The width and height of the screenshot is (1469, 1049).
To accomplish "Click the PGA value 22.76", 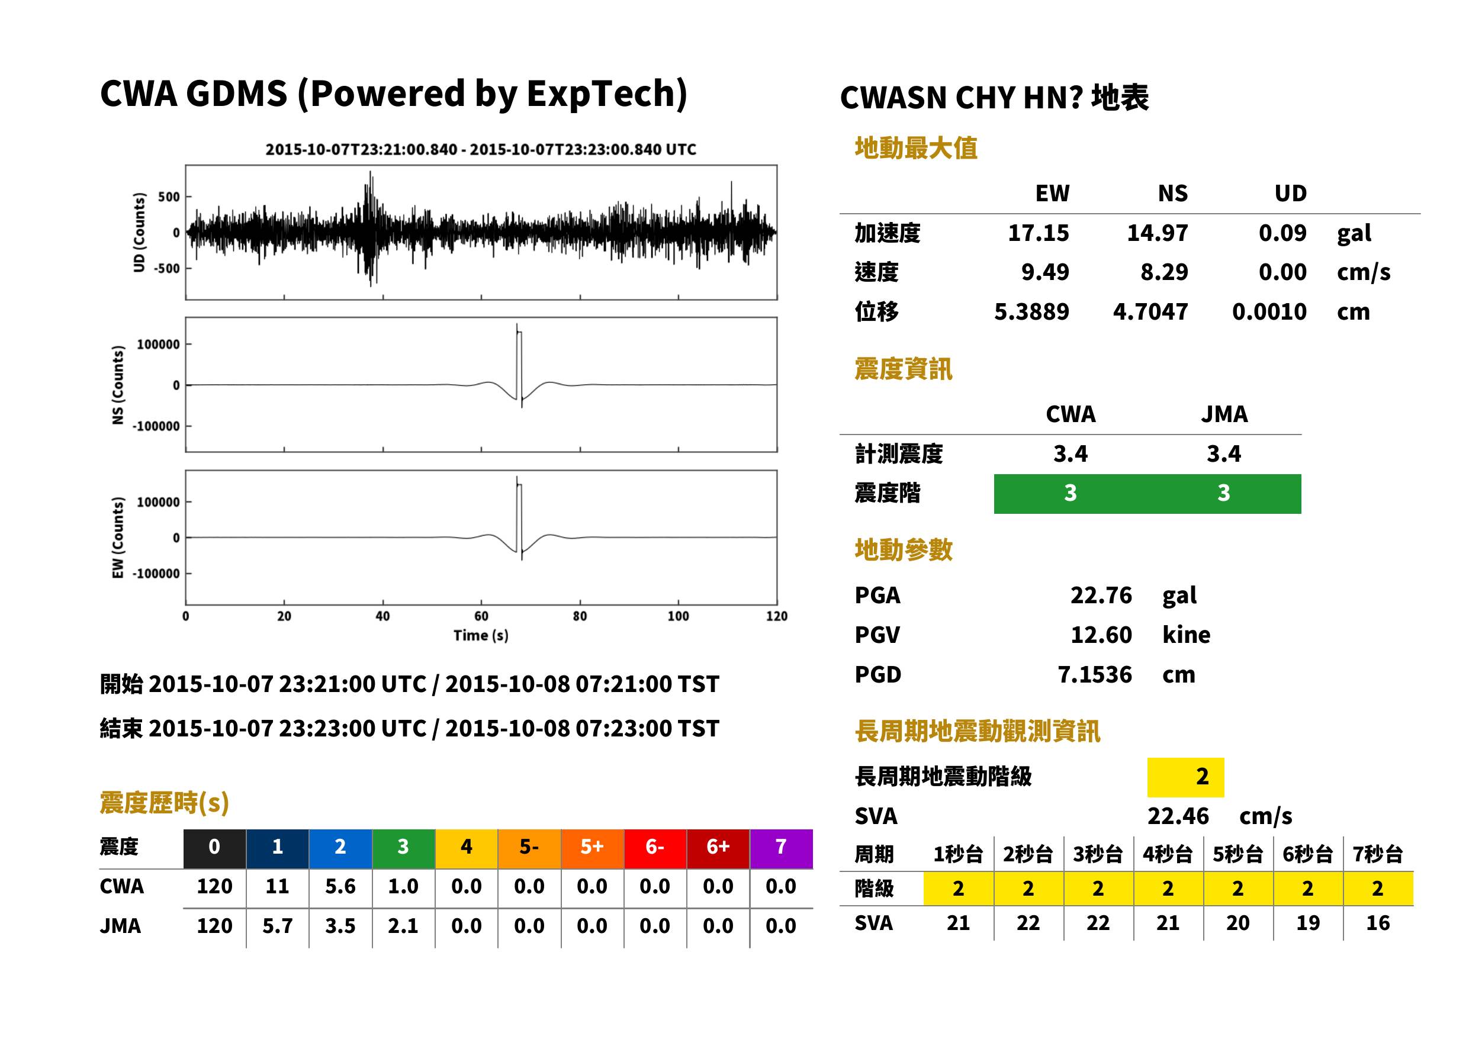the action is [1101, 595].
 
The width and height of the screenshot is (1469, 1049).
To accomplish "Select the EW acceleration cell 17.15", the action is [1038, 233].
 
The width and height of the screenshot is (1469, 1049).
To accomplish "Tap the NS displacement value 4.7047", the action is [1150, 311].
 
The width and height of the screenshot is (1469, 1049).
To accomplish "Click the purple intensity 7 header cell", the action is [781, 847].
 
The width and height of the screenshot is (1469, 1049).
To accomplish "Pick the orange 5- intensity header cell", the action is [529, 847].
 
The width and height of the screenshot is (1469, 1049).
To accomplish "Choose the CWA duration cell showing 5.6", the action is [340, 886].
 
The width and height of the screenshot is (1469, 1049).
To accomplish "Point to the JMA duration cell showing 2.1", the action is [403, 926].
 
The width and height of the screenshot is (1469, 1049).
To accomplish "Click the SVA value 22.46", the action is [1178, 816].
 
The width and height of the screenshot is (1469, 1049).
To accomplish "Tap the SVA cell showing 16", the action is [1378, 923].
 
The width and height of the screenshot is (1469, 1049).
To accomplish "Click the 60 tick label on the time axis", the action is [481, 616].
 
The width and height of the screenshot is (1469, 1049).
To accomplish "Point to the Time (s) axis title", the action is [481, 636].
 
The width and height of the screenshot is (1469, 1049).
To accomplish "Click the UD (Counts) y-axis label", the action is [139, 233].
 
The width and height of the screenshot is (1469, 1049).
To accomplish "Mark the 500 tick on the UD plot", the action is [169, 197].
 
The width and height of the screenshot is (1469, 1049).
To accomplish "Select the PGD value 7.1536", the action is [1095, 674].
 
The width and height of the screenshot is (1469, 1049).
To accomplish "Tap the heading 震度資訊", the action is [903, 369].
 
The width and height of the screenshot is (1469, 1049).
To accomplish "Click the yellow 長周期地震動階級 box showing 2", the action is [1185, 777].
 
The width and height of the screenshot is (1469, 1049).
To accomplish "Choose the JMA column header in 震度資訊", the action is [1224, 414].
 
